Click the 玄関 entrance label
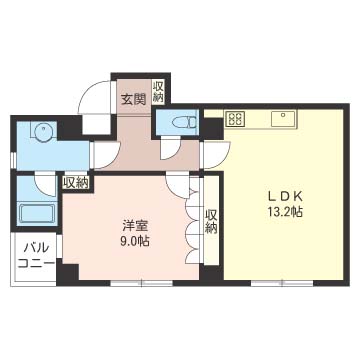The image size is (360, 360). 133,100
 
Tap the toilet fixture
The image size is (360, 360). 184,122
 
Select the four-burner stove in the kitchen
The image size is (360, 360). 236,119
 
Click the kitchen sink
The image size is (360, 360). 283,119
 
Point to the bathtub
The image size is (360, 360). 38,214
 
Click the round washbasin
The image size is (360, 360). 43,131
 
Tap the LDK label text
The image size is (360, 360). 286,197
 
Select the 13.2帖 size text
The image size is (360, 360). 285,212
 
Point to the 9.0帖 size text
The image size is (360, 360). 134,241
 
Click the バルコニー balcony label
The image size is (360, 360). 36,256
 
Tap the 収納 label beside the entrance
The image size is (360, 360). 158,90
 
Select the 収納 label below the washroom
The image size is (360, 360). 76,182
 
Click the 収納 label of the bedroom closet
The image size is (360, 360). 211,221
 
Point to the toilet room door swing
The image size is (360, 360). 171,149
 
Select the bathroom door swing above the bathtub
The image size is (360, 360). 45,184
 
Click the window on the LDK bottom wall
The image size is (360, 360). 282,284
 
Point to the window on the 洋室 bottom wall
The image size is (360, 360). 141,284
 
